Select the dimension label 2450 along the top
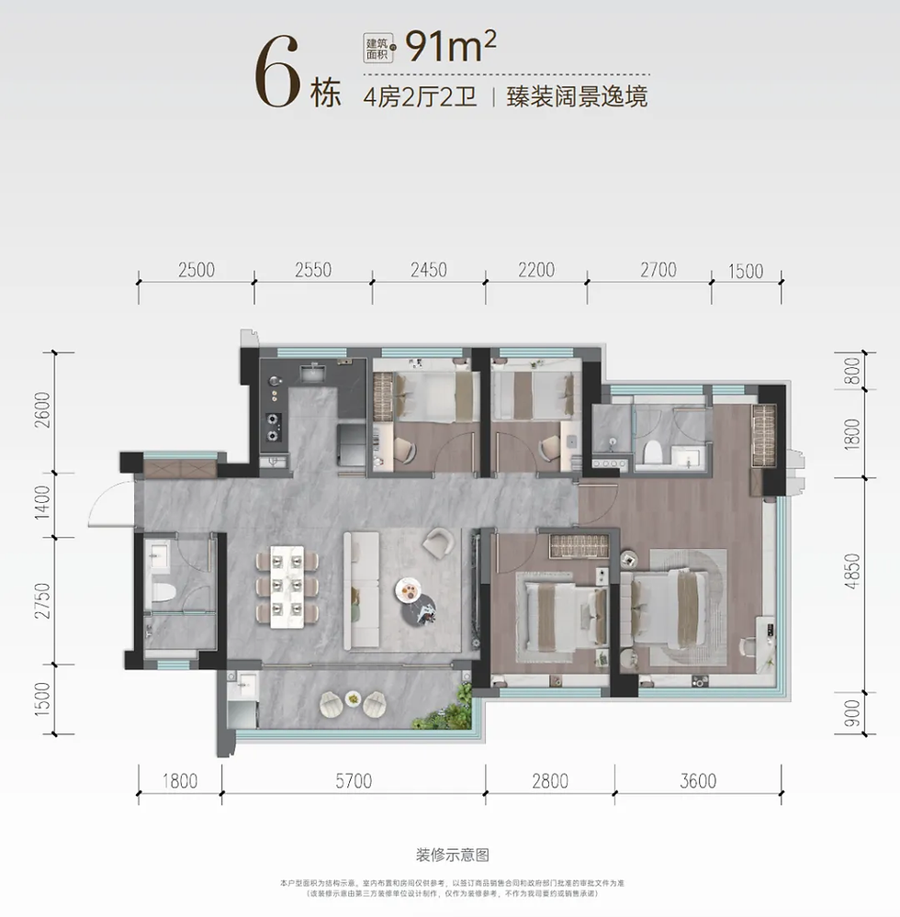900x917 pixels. click(x=428, y=270)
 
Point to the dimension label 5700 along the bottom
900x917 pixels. click(x=353, y=782)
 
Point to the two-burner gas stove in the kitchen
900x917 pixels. click(x=274, y=424)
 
